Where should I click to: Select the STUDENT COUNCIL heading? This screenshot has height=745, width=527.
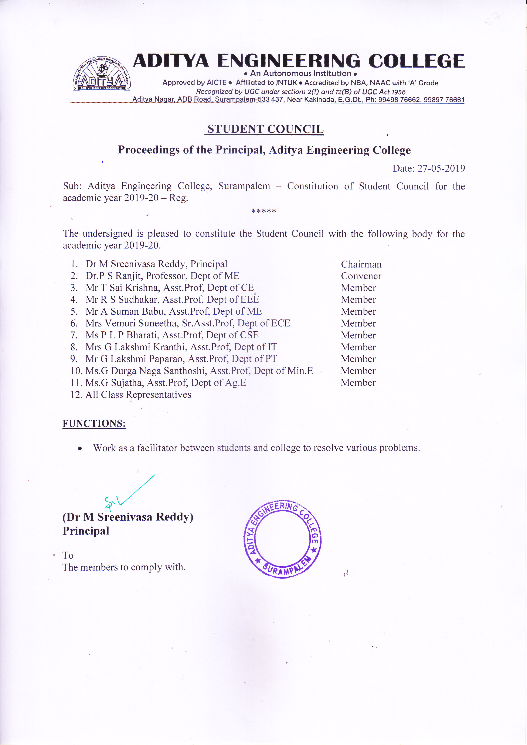(x=265, y=129)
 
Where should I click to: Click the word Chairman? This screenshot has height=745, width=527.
(x=361, y=264)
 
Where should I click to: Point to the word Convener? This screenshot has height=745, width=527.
(x=361, y=276)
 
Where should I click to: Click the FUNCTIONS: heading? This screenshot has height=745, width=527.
(x=94, y=423)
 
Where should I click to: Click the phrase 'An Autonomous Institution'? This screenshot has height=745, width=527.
(x=300, y=74)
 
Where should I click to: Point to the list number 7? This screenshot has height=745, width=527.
(x=74, y=335)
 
